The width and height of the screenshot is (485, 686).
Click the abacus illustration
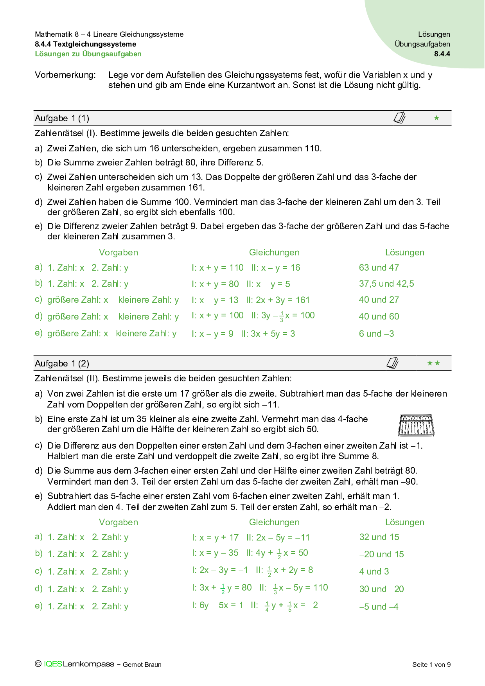[416, 426]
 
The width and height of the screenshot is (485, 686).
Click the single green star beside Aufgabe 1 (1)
[436, 118]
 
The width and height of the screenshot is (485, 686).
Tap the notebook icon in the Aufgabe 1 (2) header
[392, 363]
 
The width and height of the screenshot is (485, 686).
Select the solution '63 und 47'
[379, 268]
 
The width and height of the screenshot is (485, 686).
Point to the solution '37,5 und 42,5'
[386, 284]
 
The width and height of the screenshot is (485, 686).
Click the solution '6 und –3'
[376, 334]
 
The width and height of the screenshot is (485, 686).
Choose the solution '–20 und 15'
[381, 555]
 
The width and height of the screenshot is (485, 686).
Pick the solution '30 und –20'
[381, 589]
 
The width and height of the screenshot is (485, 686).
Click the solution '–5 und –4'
[379, 607]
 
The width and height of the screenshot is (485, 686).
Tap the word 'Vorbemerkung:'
[65, 75]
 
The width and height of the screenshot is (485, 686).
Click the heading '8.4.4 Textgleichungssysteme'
[85, 44]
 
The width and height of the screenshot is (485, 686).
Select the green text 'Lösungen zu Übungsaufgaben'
[88, 54]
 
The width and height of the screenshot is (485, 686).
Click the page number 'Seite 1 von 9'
[431, 664]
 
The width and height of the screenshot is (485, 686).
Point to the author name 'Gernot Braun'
[142, 664]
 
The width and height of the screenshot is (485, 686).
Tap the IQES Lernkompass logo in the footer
[78, 664]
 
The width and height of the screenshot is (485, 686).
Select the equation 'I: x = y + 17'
[215, 538]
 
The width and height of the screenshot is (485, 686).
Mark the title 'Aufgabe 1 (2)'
[62, 364]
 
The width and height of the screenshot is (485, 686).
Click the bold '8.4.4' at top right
[442, 54]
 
